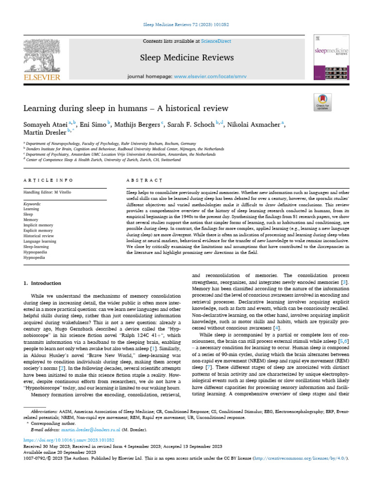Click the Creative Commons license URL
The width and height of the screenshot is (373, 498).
[x=297, y=459]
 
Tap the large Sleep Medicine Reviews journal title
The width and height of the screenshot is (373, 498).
[x=187, y=58]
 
